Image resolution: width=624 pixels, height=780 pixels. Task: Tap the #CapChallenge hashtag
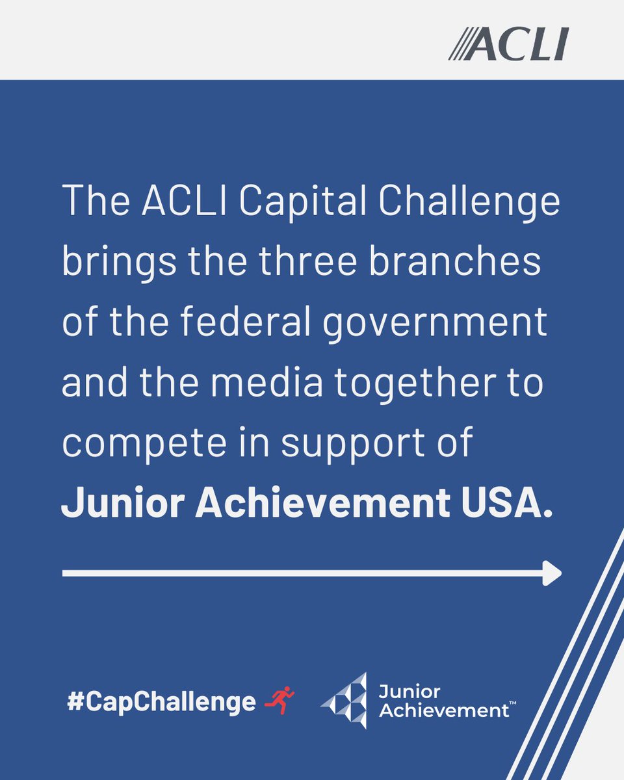pos(162,702)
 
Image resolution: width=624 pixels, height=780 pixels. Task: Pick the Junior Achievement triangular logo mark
pos(345,701)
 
